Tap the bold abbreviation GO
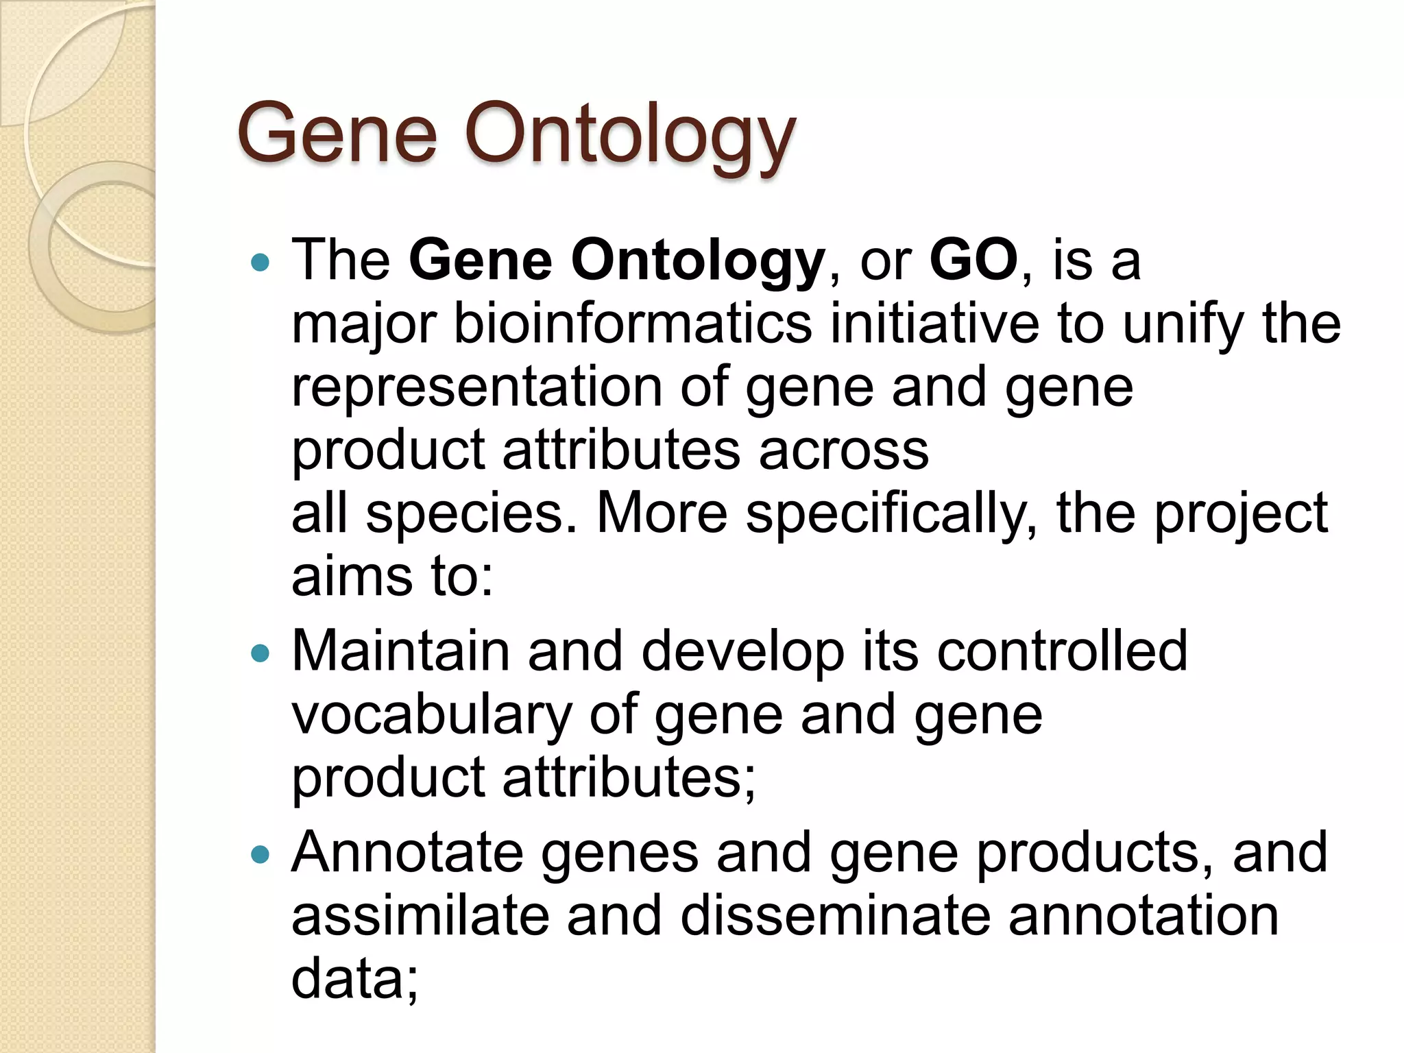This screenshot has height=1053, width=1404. (x=973, y=261)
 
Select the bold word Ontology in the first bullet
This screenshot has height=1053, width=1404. (x=697, y=261)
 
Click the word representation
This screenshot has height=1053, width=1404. (x=476, y=387)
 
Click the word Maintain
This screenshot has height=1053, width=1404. (x=400, y=651)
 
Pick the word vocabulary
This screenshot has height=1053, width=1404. (x=431, y=714)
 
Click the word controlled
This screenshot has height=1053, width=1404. (x=1062, y=651)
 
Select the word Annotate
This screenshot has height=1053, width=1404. (x=407, y=852)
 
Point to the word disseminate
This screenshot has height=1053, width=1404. (x=836, y=915)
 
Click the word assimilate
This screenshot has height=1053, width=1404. (x=420, y=915)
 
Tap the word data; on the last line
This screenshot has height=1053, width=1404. (x=354, y=978)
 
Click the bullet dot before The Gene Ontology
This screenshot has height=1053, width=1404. (x=261, y=262)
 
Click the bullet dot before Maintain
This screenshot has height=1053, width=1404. (x=261, y=653)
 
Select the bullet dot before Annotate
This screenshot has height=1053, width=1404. (x=261, y=854)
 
